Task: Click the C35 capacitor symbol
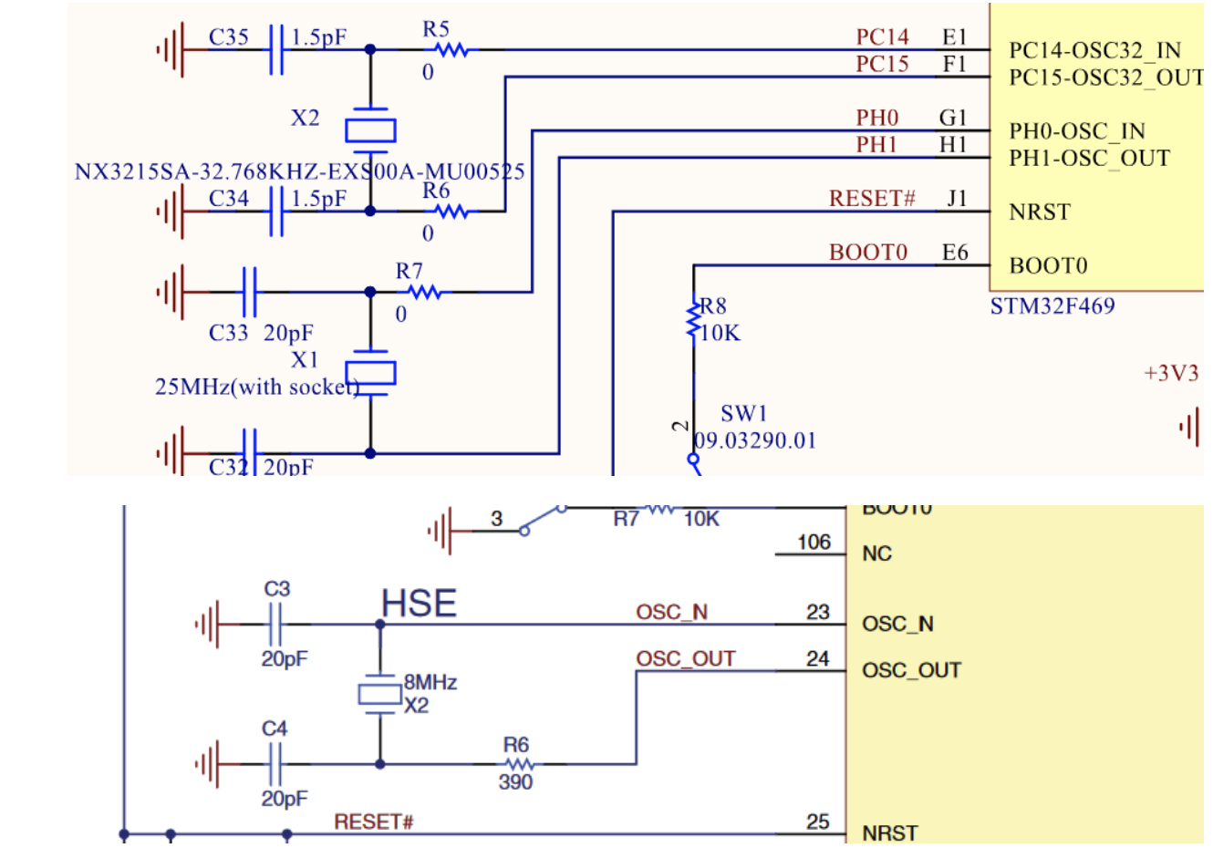pos(276,50)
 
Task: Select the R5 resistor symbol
pos(451,50)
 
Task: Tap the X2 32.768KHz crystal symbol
pos(370,130)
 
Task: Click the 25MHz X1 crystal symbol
pos(370,372)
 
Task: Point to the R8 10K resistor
pos(694,319)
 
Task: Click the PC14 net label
pos(882,37)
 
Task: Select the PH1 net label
pos(876,145)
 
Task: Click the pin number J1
pos(956,199)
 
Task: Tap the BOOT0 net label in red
pos(867,253)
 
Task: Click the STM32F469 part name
pos(1052,306)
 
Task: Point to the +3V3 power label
pos(1171,374)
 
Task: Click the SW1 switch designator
pos(743,414)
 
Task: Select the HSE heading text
pos(419,605)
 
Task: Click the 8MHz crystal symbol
pos(379,695)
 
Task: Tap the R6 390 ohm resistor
pos(517,764)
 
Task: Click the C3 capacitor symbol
pos(276,625)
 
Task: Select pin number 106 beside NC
pos(814,543)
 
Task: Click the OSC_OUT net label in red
pos(686,659)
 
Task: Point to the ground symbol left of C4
pos(208,764)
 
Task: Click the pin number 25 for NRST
pos(817,822)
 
